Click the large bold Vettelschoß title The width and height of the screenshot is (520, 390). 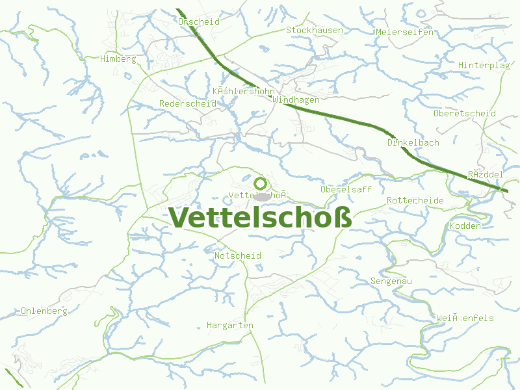pos(260,217)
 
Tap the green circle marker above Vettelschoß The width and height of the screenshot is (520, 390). pos(260,183)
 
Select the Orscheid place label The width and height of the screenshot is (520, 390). pos(198,21)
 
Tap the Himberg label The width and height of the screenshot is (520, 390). pos(118,59)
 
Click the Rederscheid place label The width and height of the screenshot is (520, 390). pos(187,103)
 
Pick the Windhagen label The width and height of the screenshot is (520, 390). pos(296,100)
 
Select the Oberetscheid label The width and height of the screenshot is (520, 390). pos(464,113)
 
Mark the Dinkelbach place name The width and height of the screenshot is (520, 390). pos(413,142)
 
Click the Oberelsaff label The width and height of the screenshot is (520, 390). pos(346,189)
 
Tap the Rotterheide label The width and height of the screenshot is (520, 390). pos(415,200)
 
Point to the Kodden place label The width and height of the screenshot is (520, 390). pos(465,226)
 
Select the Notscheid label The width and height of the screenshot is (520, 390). pos(237,255)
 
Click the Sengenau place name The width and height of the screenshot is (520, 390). pos(391,281)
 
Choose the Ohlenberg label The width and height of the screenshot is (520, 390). pos(44,311)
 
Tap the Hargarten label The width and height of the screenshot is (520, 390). pos(229,324)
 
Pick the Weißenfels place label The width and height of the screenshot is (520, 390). pos(465,318)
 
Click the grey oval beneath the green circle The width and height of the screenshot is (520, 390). pos(262,196)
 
